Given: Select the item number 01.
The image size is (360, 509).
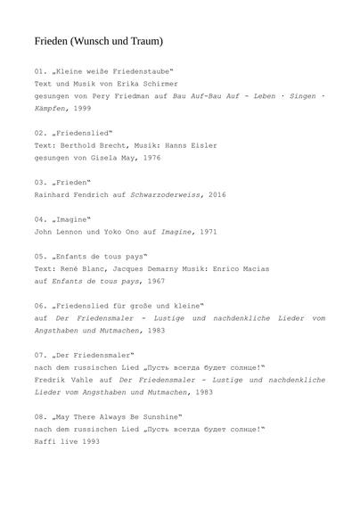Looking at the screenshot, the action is pyautogui.click(x=40, y=70).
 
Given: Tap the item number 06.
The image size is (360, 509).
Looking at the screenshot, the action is pyautogui.click(x=40, y=305).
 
